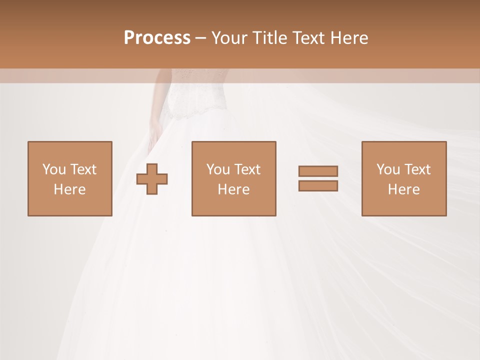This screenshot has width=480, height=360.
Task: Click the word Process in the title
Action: pos(157,38)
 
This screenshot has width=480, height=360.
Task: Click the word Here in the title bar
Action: pos(349,38)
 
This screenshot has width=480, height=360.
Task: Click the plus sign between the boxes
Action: pos(152,179)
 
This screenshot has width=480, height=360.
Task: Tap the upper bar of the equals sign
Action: pos(318,171)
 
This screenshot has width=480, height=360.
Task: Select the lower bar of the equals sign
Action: pos(318,185)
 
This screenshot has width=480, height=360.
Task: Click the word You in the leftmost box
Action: pos(54,169)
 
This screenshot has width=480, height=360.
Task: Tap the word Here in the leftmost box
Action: pos(69,189)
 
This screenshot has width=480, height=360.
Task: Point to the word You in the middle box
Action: pos(218,169)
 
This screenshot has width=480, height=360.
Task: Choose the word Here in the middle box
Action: pos(233,189)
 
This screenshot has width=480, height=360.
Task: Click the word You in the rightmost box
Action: pos(388,169)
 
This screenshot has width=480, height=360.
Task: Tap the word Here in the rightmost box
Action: pos(403,189)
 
